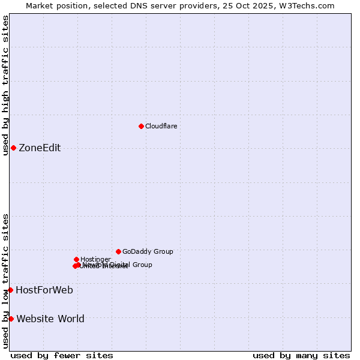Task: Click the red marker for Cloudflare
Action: [141, 126]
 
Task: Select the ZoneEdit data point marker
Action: [13, 148]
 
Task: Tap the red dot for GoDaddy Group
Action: [118, 251]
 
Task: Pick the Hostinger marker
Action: [76, 259]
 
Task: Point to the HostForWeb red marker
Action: [10, 290]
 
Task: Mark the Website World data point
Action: [11, 319]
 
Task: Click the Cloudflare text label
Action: [161, 126]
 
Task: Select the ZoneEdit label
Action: [40, 148]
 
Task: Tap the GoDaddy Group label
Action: [148, 251]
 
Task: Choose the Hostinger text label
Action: [95, 259]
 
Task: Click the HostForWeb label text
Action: [44, 290]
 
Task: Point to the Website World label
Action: [50, 319]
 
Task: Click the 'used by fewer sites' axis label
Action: [62, 355]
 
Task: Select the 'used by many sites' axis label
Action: [301, 355]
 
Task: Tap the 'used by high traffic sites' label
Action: [5, 85]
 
